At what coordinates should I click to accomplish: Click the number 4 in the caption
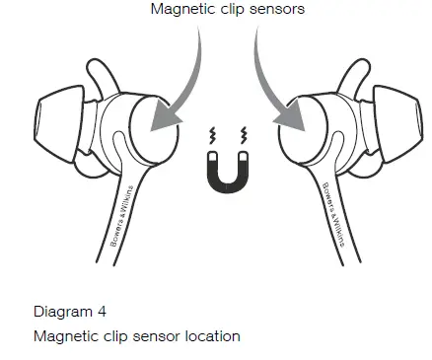click(x=102, y=312)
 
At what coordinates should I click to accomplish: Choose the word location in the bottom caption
click(x=211, y=336)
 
